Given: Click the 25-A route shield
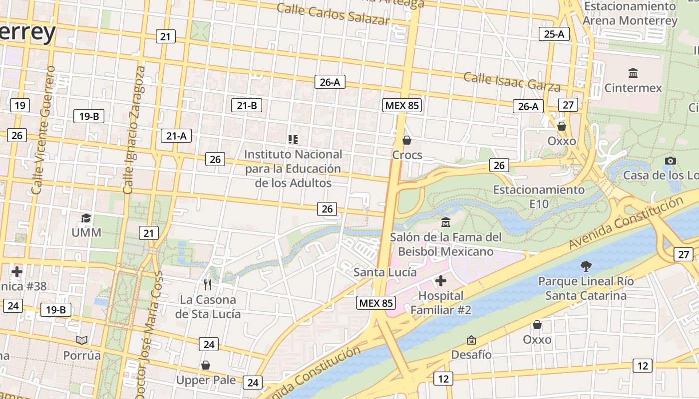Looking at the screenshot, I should (554, 34).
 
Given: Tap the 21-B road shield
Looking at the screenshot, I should (247, 105).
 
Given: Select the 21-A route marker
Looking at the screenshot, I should (176, 135).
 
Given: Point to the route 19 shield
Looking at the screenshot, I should (19, 105).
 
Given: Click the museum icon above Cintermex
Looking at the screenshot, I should (633, 73).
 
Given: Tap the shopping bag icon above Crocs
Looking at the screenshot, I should (407, 140).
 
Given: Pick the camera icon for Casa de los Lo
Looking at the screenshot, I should (671, 161).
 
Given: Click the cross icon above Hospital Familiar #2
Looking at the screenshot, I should (440, 281).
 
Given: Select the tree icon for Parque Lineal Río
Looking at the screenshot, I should (586, 266).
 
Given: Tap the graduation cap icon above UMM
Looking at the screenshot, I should (86, 218).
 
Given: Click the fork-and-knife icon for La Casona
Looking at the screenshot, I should (208, 285).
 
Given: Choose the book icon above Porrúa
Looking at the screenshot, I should (82, 340).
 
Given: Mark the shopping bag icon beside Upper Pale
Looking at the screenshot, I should (206, 366).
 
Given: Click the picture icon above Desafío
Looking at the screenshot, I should (471, 340).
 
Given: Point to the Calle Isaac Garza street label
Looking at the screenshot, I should (512, 82).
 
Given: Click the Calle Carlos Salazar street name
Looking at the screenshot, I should (333, 14).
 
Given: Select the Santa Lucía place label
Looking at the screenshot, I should (385, 272).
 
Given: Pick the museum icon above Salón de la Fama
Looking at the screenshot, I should (446, 222).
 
